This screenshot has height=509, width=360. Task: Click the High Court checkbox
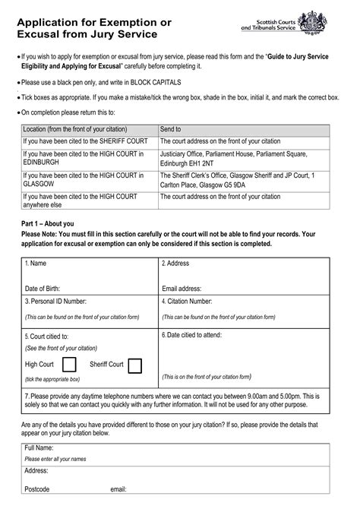point(69,365)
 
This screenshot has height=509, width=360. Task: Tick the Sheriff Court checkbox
point(135,365)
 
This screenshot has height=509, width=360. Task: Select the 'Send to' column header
point(170,130)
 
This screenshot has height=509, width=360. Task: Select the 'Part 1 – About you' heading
point(48,223)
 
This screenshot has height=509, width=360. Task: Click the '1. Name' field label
point(36,264)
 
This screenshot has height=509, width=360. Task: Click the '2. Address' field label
point(175,264)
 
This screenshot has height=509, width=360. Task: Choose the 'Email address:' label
point(182,289)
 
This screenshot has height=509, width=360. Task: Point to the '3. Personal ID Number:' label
point(56,302)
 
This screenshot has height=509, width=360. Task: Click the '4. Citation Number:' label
point(189,302)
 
